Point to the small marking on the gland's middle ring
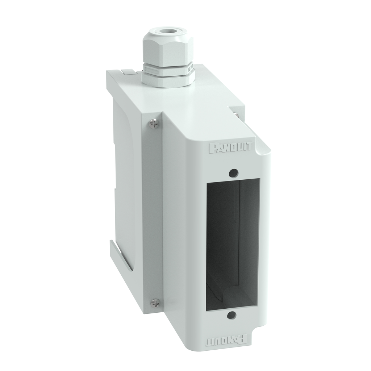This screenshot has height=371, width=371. coord(189,68)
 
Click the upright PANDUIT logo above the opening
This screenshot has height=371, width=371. coord(232,148)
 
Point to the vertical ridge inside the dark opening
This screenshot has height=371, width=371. coord(240,235)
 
